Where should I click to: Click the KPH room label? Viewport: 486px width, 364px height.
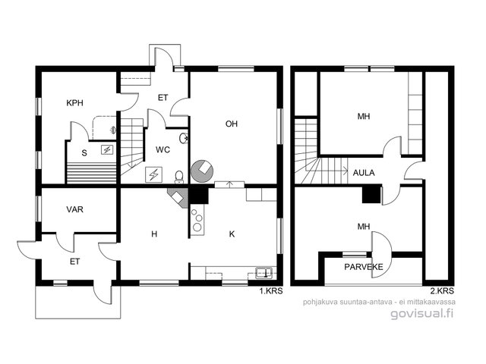click(x=74, y=103)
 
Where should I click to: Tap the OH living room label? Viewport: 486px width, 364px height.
click(x=232, y=124)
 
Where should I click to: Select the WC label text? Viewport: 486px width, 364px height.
click(x=163, y=150)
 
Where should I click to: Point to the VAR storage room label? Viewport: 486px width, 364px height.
click(x=74, y=209)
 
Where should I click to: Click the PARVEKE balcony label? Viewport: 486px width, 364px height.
click(x=364, y=267)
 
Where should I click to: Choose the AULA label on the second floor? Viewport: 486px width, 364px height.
click(x=364, y=173)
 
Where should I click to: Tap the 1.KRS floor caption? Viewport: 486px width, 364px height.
click(x=271, y=291)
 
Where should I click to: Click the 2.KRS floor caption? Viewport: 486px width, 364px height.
click(x=442, y=291)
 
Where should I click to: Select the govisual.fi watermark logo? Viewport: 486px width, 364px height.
click(x=422, y=313)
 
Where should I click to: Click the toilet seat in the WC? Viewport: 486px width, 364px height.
click(x=179, y=177)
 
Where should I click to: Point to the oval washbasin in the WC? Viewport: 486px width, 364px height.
click(x=184, y=138)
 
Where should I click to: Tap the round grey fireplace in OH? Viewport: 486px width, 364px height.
click(x=202, y=171)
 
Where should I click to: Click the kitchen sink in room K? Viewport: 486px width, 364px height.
click(x=264, y=272)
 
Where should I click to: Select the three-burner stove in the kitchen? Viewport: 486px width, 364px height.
click(x=197, y=220)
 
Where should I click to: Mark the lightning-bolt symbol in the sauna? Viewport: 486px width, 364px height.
click(x=107, y=150)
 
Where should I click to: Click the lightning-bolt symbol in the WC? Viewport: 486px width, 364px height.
click(x=153, y=174)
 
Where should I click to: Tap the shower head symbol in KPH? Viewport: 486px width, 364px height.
click(x=113, y=130)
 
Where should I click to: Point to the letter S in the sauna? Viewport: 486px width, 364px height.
click(x=84, y=153)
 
